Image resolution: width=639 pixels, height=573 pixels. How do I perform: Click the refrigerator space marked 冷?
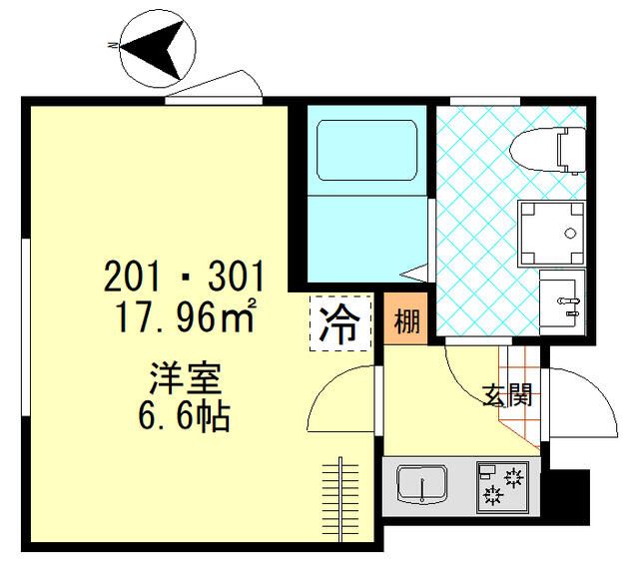(340, 323)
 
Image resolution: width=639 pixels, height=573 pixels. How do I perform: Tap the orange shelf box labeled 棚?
(406, 322)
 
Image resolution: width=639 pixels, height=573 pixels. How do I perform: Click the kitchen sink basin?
(423, 486)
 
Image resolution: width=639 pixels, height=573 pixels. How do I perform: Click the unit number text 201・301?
(185, 276)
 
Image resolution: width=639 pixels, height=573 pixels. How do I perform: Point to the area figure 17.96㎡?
(185, 317)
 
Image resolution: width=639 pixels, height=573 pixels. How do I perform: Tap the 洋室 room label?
(185, 380)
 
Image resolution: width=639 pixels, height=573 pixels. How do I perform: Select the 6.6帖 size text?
(185, 416)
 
